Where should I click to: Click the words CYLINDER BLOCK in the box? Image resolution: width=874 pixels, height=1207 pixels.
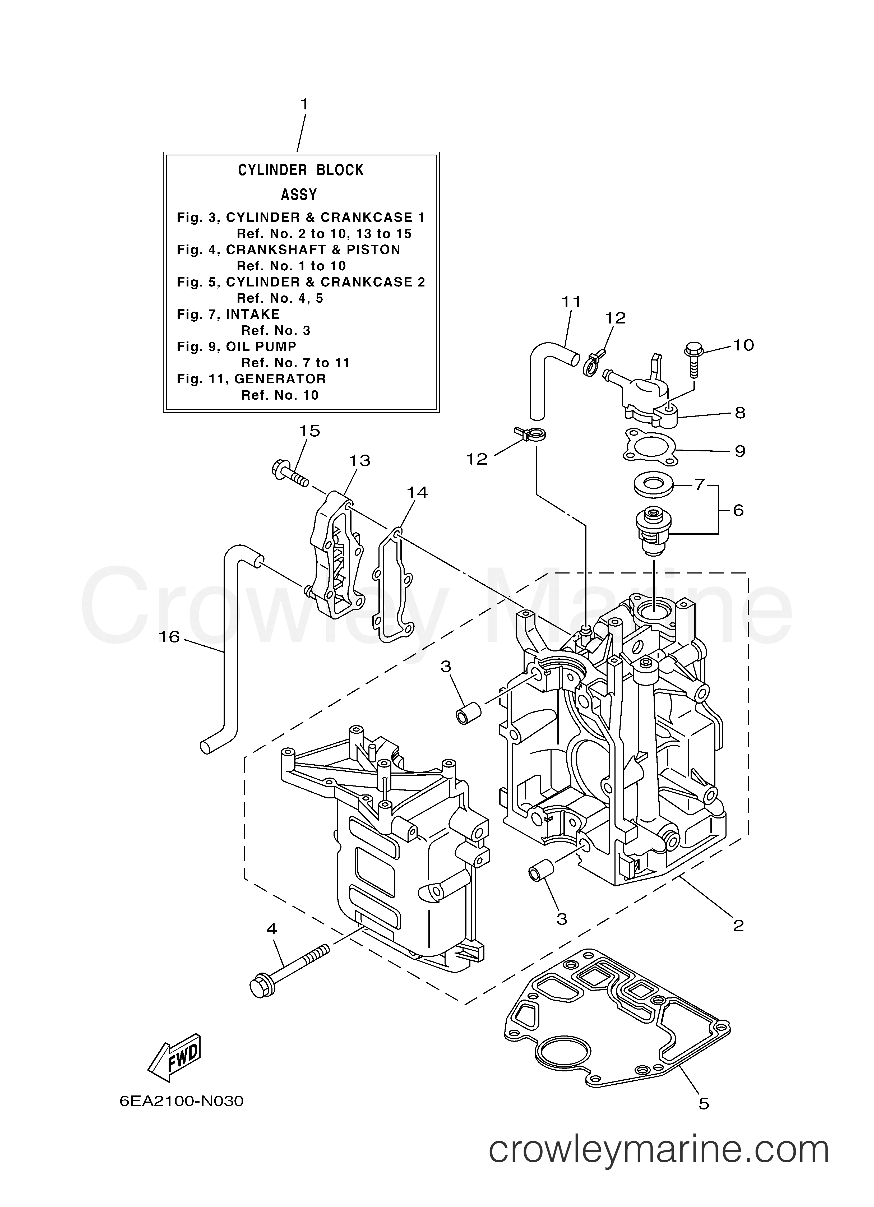pos(301,170)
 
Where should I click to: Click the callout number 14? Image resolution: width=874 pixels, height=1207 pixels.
pos(417,493)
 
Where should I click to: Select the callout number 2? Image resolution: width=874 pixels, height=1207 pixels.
pos(738,926)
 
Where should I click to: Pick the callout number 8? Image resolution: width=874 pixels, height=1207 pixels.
pos(740,413)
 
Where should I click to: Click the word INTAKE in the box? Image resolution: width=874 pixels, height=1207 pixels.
pos(253,315)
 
